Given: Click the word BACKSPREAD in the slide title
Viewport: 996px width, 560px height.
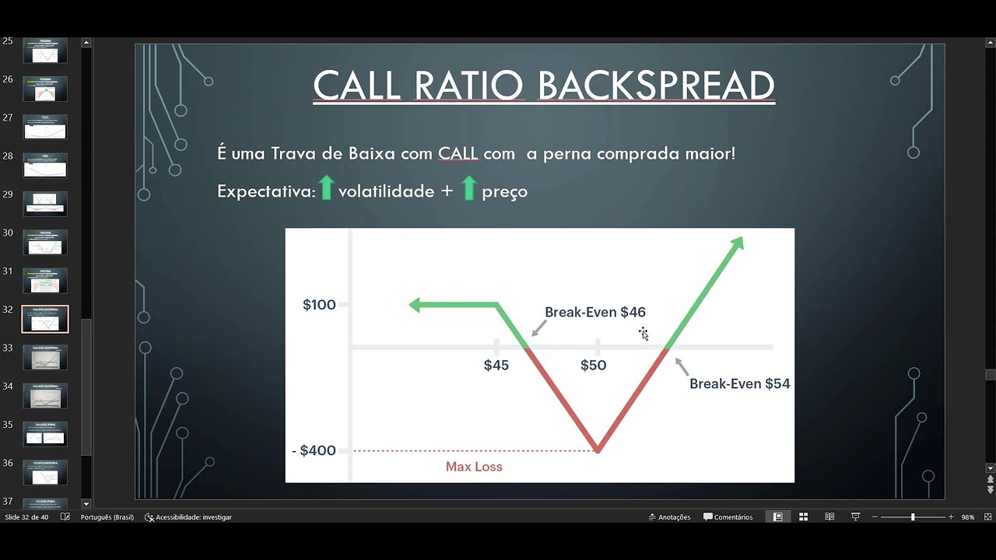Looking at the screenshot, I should (x=656, y=86).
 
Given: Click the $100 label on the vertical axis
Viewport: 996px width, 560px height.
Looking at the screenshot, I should (x=319, y=305).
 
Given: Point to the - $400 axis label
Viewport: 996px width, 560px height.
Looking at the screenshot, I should (x=314, y=450).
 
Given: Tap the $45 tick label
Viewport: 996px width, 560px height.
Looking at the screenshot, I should (x=496, y=366).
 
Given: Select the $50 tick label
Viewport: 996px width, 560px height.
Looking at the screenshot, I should (x=593, y=366).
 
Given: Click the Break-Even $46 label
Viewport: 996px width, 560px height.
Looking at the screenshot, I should (x=595, y=312).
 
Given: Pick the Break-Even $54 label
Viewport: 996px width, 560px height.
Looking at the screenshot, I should (x=739, y=383).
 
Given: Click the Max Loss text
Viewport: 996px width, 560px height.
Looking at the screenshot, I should (x=474, y=467).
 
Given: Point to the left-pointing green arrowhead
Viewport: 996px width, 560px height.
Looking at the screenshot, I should (x=416, y=305).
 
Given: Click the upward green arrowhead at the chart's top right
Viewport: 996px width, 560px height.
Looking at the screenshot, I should (x=737, y=243).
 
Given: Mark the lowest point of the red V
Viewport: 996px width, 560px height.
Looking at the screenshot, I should (x=598, y=450).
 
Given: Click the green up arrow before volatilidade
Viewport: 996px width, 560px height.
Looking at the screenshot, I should (x=326, y=188).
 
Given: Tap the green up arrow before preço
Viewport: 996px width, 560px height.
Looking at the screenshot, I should (x=468, y=188).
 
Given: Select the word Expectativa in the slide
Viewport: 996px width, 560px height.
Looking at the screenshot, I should (x=265, y=191).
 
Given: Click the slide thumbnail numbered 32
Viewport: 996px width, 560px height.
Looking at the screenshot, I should (x=45, y=319).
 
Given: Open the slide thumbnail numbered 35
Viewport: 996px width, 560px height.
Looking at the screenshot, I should (x=45, y=434).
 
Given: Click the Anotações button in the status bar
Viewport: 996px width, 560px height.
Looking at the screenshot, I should (x=669, y=517).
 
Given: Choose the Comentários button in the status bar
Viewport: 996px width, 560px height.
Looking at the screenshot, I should (x=728, y=517).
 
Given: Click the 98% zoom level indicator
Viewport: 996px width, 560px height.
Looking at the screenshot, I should (x=968, y=517).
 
